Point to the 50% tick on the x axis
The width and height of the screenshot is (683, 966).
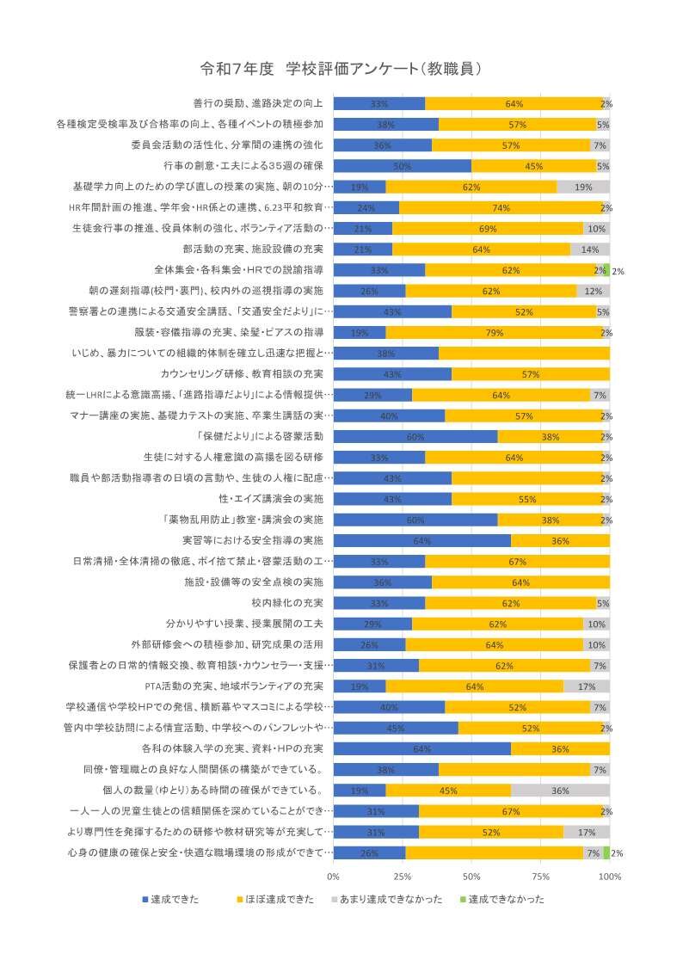(471, 876)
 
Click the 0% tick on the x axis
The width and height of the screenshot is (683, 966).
(334, 876)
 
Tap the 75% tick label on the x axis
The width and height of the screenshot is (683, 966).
(540, 876)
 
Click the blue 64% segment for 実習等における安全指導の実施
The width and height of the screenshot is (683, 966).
(421, 541)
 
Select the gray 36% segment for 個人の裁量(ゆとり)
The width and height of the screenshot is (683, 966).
(560, 791)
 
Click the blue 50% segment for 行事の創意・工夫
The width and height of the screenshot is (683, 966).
(403, 166)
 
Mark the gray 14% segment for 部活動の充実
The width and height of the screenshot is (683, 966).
(590, 249)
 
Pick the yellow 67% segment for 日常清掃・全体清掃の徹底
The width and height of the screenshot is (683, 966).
(517, 562)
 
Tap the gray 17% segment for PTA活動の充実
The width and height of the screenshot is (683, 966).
(587, 686)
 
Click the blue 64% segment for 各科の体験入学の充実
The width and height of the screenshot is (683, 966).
(421, 749)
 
